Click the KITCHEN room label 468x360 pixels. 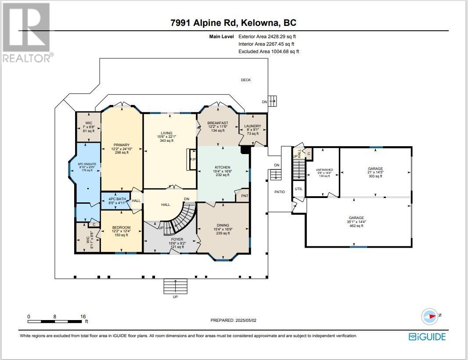[x=222, y=167]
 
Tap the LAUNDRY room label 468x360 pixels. [x=252, y=126]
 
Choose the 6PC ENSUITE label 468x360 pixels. [x=88, y=164]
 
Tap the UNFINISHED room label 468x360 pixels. [x=324, y=169]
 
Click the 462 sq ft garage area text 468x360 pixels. [x=356, y=226]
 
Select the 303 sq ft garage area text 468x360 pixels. [x=375, y=176]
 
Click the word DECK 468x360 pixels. [x=245, y=80]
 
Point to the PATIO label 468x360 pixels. [x=279, y=192]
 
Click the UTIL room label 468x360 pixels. [x=299, y=189]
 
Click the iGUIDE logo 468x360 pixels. [x=427, y=337]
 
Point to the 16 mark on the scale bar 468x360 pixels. [x=83, y=316]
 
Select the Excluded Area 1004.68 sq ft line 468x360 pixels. [x=268, y=51]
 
